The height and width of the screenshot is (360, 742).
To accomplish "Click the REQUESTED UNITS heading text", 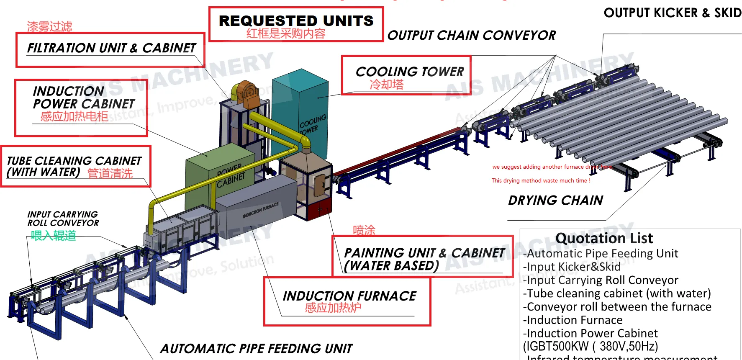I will point(296,21).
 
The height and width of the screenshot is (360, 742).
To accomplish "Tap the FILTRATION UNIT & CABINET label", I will point(111,48).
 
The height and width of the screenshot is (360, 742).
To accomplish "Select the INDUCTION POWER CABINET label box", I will point(81,108).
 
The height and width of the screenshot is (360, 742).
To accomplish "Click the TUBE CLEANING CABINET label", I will point(74,166).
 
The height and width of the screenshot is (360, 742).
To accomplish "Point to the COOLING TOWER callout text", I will point(409,72).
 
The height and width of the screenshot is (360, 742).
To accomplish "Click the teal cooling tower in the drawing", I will point(300,113).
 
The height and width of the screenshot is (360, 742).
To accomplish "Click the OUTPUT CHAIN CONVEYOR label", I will point(471,36).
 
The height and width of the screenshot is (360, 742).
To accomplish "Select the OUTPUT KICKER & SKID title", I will point(672,13).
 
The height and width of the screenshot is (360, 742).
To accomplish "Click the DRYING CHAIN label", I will point(555,201).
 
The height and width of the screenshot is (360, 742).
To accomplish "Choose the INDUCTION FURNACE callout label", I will point(349,296).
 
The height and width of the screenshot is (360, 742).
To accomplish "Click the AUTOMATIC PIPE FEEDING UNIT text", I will point(256,348).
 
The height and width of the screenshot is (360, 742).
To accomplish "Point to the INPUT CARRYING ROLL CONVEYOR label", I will point(63,219).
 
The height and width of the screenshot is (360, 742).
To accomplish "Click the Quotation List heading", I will point(604,238).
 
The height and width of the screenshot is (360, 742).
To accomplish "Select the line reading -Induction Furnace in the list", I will point(573,320).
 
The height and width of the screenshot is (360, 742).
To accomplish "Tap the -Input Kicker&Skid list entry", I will point(572,267).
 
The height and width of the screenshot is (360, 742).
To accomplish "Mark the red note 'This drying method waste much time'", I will point(541,180).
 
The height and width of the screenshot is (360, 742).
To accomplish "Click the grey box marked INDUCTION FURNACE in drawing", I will point(255,205).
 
